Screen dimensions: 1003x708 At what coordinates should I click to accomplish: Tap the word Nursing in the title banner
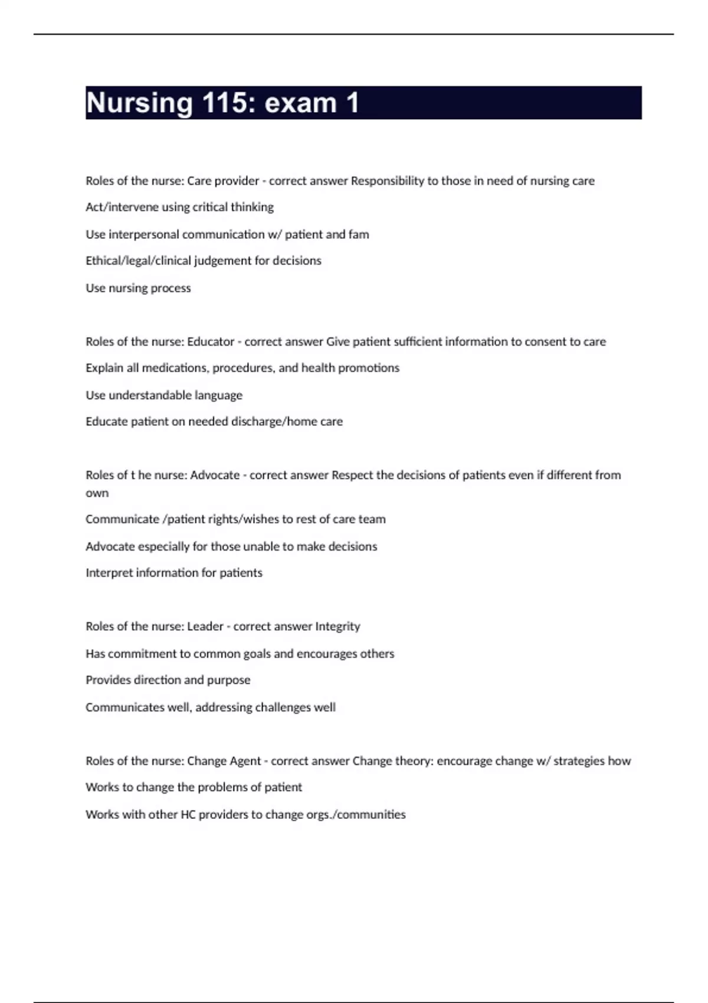tap(139, 103)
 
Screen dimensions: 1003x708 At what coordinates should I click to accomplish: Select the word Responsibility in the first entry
tap(387, 181)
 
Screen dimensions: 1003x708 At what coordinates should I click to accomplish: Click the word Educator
tap(211, 342)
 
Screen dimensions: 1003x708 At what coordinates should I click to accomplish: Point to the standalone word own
tap(97, 493)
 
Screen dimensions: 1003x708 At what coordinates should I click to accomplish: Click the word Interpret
tap(109, 573)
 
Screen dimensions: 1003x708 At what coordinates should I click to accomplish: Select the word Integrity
tap(337, 627)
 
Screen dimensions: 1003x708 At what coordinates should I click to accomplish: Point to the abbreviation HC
tap(188, 815)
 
